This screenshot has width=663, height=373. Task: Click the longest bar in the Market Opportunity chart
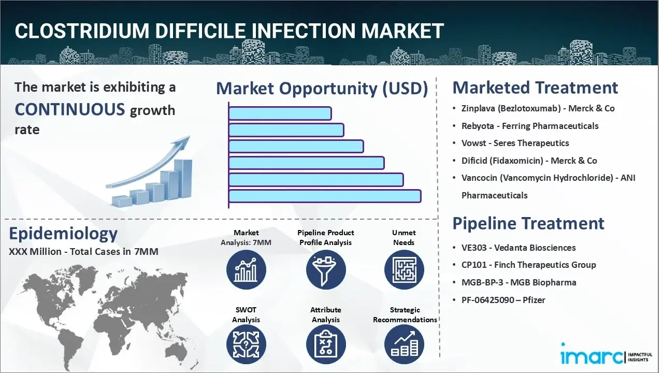[325, 196]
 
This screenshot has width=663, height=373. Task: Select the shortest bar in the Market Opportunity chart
[280, 113]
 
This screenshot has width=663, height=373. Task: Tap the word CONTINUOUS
[70, 109]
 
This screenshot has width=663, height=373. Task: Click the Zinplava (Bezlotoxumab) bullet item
[538, 108]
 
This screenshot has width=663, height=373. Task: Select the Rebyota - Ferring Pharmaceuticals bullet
[530, 126]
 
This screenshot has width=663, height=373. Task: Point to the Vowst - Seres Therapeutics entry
[515, 143]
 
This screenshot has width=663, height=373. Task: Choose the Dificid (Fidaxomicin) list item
[529, 161]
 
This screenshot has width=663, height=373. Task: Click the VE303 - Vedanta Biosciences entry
[518, 248]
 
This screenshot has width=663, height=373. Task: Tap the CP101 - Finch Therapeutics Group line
[528, 265]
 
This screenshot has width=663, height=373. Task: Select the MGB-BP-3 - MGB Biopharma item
[518, 282]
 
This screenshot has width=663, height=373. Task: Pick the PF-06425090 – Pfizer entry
[503, 300]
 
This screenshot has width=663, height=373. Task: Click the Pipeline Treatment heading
[528, 223]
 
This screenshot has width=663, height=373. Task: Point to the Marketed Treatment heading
[535, 88]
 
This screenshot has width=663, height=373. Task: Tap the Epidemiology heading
[63, 234]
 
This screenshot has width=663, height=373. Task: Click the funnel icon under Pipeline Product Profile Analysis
[325, 270]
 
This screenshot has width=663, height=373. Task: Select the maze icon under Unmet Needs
[403, 270]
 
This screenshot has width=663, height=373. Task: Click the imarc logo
[593, 356]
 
